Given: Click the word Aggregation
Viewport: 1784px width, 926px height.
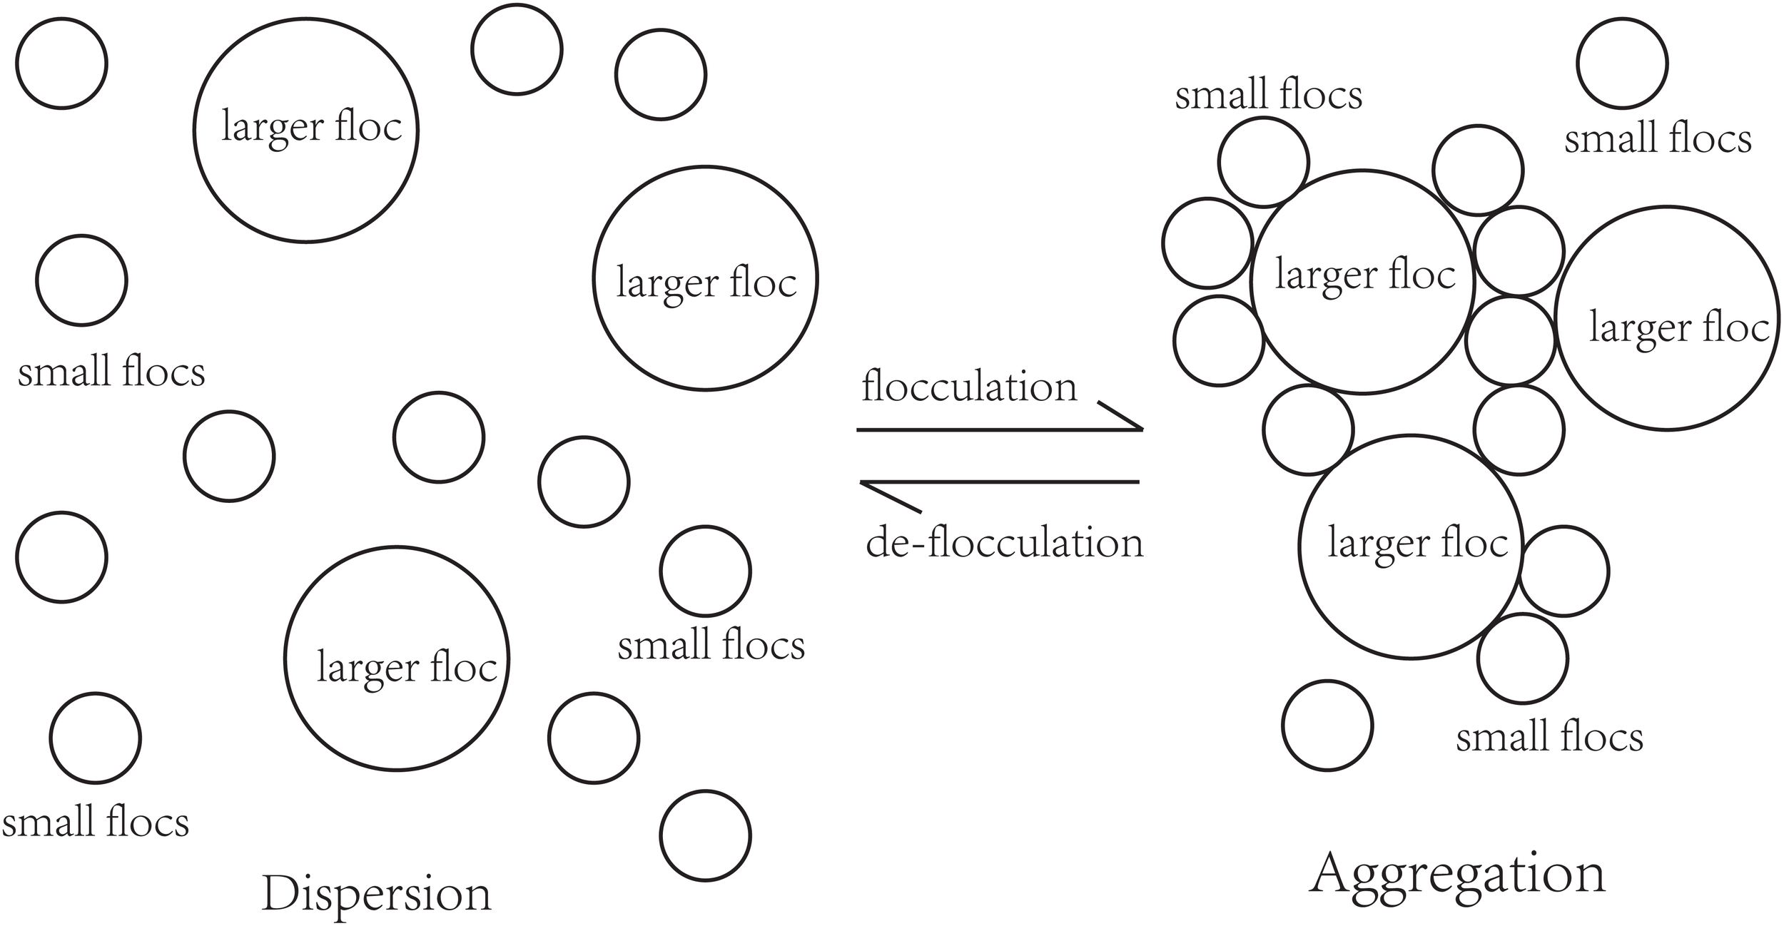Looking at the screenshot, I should [x=1458, y=877].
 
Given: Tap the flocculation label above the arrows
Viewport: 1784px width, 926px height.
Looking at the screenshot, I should [x=968, y=387].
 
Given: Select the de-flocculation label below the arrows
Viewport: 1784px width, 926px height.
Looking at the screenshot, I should [x=1004, y=543].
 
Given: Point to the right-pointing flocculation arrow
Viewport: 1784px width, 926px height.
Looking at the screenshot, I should [x=999, y=429].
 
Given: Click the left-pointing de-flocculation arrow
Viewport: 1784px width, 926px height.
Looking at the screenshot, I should [x=999, y=483].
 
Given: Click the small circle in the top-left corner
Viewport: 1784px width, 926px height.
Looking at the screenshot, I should [x=61, y=63].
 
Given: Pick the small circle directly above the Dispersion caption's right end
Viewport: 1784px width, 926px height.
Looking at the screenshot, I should [x=705, y=835].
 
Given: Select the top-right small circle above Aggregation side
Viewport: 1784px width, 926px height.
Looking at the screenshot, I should [x=1622, y=63].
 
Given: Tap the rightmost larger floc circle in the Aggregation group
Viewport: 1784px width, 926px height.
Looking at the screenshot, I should [x=1667, y=318].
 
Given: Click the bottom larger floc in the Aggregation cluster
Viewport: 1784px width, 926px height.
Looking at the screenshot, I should [x=1411, y=546].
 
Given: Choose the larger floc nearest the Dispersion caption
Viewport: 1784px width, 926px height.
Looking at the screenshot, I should [x=397, y=658].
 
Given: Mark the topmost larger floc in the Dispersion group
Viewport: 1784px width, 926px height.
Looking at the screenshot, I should [x=305, y=130].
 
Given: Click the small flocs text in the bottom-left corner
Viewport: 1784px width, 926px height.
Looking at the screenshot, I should [x=96, y=823].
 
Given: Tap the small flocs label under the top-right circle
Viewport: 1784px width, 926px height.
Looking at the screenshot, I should [x=1658, y=139].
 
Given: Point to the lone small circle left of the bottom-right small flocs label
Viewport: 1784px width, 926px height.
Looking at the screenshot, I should [x=1327, y=726].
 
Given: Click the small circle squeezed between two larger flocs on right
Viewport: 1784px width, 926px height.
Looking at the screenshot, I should [x=1510, y=341].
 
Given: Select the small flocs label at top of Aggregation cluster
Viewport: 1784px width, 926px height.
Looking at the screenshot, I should [x=1268, y=96].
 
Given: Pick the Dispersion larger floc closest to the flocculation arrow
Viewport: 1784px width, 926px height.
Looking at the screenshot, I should [x=705, y=278].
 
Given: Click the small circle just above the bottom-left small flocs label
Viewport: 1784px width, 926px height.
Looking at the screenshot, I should [x=96, y=738].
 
